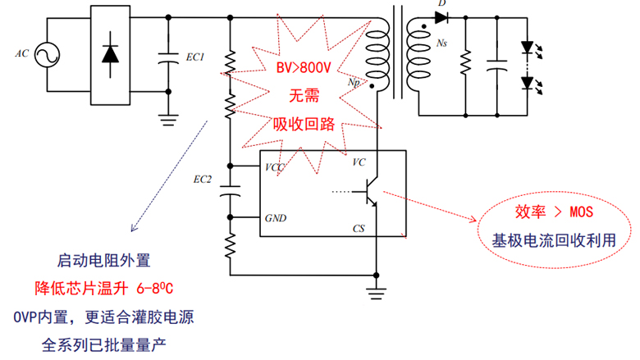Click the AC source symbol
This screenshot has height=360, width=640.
pyautogui.click(x=47, y=55)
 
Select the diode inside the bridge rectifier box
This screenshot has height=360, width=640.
pyautogui.click(x=108, y=55)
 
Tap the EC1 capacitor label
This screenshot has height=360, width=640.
pyautogui.click(x=195, y=57)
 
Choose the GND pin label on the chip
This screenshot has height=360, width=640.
pyautogui.click(x=275, y=219)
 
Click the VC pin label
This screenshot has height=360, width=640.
pyautogui.click(x=359, y=162)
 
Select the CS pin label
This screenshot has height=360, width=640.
pyautogui.click(x=359, y=227)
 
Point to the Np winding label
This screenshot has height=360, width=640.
pyautogui.click(x=354, y=83)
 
